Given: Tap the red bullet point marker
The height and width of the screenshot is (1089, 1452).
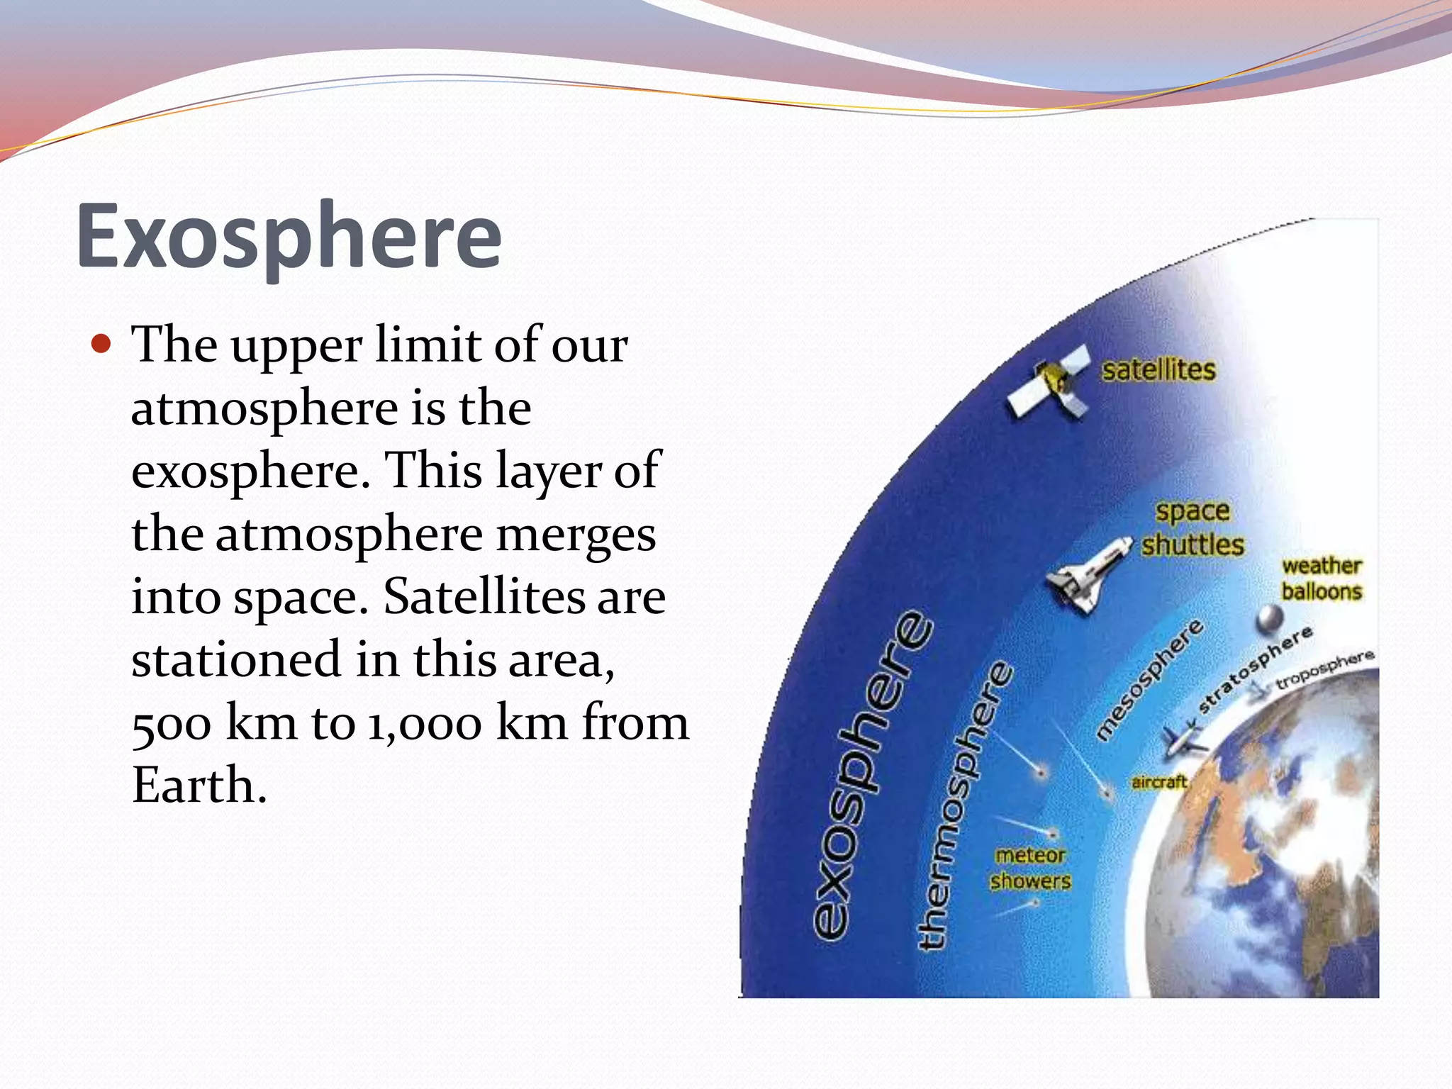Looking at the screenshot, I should click(x=102, y=345).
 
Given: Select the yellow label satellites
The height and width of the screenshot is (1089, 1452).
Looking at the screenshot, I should click(x=1158, y=370).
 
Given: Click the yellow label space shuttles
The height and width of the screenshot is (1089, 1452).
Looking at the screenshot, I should click(x=1193, y=528).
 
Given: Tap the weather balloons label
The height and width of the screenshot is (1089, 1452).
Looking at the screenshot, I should click(x=1322, y=579).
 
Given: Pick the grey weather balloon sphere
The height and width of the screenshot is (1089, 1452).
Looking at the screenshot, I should click(x=1269, y=620).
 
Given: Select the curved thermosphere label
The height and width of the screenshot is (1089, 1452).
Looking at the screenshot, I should click(x=964, y=805).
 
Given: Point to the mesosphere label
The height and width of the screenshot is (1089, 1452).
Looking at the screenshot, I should click(x=1150, y=679).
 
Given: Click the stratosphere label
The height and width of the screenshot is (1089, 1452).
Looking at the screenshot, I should click(x=1255, y=669).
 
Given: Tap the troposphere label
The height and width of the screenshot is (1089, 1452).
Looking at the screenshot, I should click(x=1324, y=670).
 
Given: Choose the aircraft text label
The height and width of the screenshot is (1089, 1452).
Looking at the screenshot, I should click(x=1159, y=782).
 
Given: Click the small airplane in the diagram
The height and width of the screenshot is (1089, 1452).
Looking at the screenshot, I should click(x=1184, y=741).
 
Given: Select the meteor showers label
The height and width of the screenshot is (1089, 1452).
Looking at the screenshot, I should click(x=1030, y=869).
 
